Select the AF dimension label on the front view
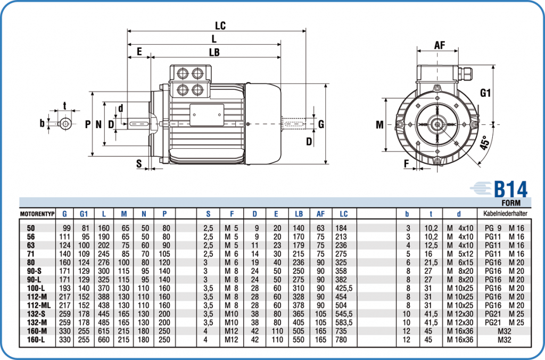(439, 45)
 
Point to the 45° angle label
(484, 143)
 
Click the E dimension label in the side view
(139, 52)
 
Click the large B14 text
(510, 189)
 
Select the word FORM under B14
(511, 203)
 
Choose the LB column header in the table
(299, 214)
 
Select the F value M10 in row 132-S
(231, 313)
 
